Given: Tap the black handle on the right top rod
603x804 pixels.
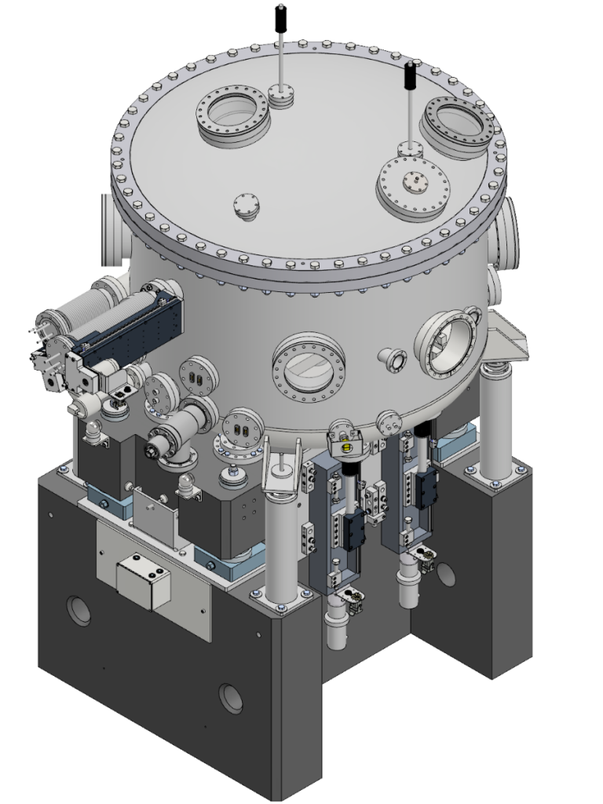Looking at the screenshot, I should click(x=410, y=76).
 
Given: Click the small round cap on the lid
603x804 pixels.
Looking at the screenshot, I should click(x=246, y=206).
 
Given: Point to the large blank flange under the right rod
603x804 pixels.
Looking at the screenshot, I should click(x=413, y=186).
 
